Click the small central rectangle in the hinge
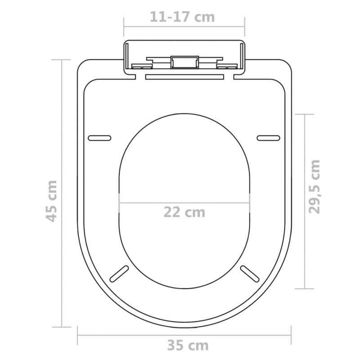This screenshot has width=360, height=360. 184,61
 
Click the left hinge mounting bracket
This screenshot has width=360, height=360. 140,66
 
